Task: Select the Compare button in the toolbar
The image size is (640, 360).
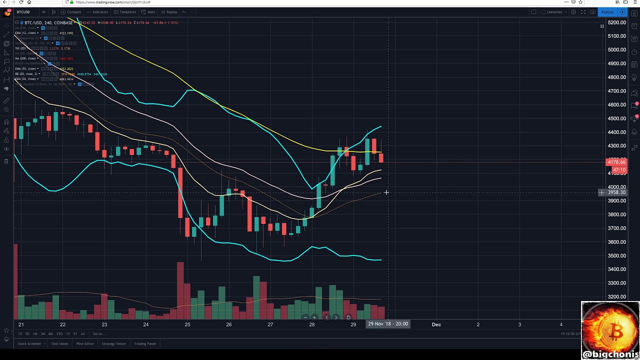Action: click(73, 12)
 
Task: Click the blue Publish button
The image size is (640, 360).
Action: click(607, 12)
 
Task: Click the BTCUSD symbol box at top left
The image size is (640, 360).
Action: click(23, 12)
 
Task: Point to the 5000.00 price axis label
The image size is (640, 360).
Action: click(616, 50)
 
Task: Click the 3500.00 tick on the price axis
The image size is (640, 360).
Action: click(616, 255)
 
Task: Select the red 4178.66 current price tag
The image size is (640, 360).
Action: click(616, 162)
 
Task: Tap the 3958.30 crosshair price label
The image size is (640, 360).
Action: click(616, 192)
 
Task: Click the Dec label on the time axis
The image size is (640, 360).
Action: click(436, 324)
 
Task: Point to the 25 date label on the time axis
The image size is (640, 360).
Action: click(187, 324)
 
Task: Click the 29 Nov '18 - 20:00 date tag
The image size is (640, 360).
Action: click(388, 324)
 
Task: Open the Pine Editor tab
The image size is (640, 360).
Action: click(85, 344)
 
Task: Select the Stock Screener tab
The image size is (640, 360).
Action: click(29, 344)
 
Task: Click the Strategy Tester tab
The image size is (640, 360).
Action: click(114, 344)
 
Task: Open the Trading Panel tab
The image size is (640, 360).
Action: click(145, 344)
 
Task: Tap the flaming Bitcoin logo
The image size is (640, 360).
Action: click(610, 327)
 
